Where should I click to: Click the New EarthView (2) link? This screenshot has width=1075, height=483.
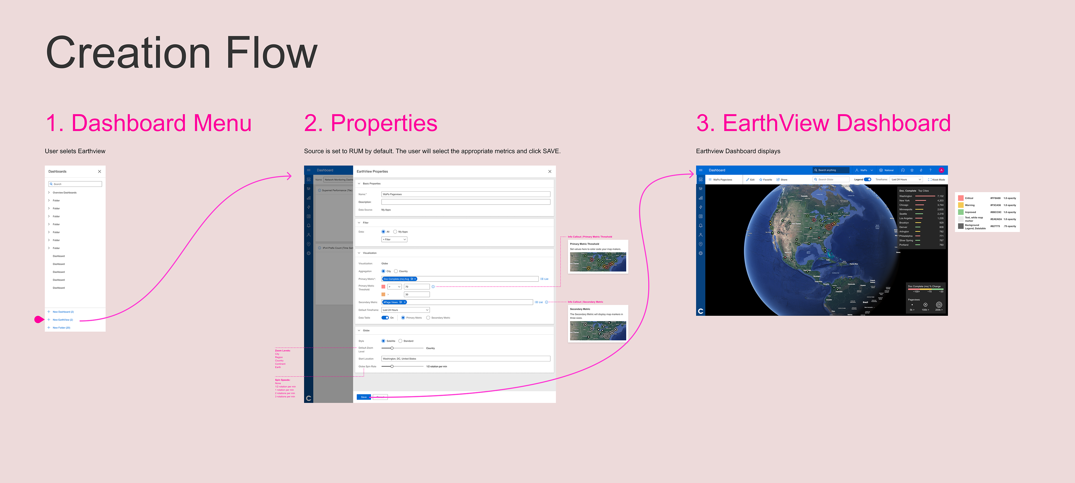coord(63,320)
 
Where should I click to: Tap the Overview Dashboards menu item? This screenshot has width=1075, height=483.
coord(64,193)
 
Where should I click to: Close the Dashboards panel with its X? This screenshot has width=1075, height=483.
coord(99,171)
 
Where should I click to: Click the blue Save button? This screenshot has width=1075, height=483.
coord(363,397)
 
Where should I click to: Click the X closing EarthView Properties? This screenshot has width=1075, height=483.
coord(550,171)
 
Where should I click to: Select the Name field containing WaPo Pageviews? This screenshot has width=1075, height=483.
coord(465,194)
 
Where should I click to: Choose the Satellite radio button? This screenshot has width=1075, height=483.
coord(384,341)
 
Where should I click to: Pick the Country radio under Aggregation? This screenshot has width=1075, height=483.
coord(396,271)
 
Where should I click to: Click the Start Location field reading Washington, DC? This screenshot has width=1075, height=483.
coord(465,359)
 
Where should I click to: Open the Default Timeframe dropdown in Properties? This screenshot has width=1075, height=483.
coord(405,310)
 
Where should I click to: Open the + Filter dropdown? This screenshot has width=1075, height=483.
coord(394,240)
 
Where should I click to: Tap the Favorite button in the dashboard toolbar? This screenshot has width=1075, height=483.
coord(765,180)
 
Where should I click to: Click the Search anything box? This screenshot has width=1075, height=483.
coord(830,170)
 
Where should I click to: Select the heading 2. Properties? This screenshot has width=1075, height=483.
coord(371,123)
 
